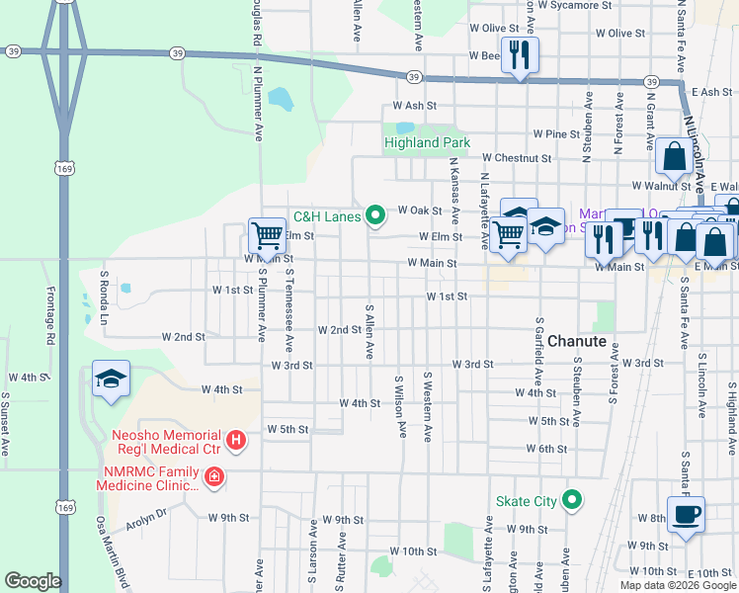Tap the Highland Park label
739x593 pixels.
point(427,143)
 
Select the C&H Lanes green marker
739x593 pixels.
point(374,213)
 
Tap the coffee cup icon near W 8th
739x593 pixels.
point(687,514)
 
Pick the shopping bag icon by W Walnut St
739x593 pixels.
point(674,157)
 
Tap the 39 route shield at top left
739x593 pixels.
point(12,50)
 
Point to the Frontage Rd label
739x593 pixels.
point(50,314)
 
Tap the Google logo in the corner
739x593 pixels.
point(33,581)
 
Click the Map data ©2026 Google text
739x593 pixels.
point(677,585)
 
